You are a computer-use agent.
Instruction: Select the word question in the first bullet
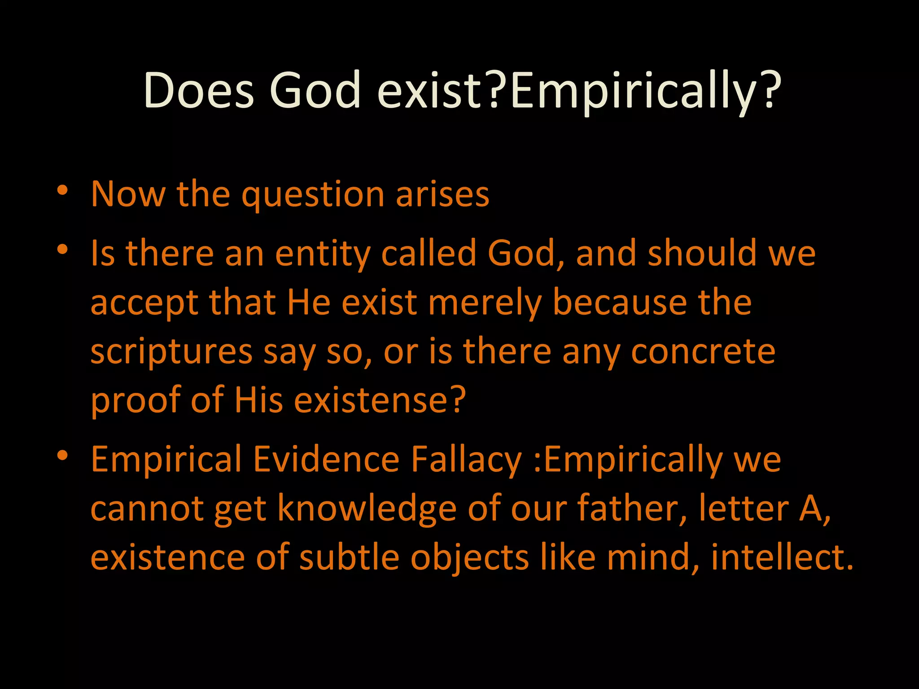pos(313,195)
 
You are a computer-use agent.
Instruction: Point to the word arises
pos(442,195)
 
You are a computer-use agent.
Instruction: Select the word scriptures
pos(171,353)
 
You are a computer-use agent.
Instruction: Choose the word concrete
pos(703,352)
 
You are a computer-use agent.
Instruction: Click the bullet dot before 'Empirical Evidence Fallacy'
pos(62,455)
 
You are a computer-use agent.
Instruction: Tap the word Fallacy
pos(466,460)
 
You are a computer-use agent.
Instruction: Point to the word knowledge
pos(367,509)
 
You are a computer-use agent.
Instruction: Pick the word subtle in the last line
pos(349,558)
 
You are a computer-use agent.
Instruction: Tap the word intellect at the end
pos(781,558)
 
